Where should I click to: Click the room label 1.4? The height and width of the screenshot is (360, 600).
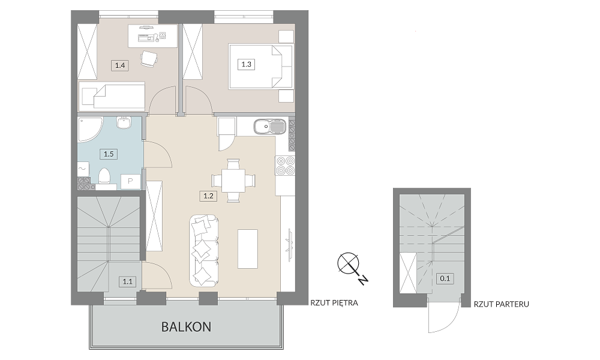coord(120,65)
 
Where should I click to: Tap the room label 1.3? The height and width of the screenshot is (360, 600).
coord(246,64)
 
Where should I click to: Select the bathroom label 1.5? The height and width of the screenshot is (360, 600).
coord(109,154)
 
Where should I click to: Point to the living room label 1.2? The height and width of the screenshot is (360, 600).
coord(208,196)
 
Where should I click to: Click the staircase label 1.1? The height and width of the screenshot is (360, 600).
coord(127,282)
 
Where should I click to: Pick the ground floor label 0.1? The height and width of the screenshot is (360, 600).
coord(445,278)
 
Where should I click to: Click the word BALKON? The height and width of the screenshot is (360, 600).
coord(187,327)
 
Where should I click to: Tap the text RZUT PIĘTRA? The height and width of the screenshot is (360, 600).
coord(334,303)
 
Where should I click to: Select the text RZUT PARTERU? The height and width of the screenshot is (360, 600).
coord(501,305)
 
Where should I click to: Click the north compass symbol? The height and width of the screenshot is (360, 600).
coord(350,266)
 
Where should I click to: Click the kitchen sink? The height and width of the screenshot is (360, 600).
coord(269,127)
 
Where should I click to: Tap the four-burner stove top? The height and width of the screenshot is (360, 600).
coord(286,166)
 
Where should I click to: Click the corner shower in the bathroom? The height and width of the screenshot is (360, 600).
coord(91,130)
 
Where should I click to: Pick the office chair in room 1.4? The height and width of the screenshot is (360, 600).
coord(148,59)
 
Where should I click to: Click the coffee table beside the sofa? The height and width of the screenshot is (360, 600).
coord(248,248)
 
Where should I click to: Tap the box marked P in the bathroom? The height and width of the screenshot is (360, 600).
coord(130,181)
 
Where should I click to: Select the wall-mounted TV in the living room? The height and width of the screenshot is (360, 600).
coord(289,241)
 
